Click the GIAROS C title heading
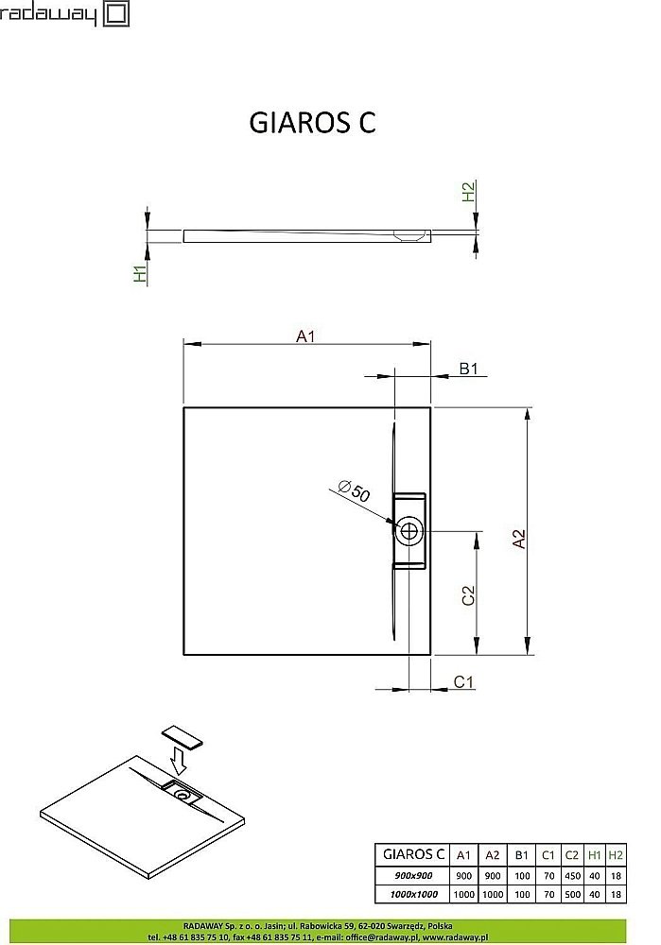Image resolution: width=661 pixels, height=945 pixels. click(x=311, y=123)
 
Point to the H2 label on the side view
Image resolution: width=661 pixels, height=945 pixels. click(x=468, y=192)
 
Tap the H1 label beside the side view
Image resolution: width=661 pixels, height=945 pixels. click(x=140, y=274)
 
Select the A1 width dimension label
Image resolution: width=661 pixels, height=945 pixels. click(x=305, y=335)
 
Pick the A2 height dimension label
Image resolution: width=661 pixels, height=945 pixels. click(x=518, y=539)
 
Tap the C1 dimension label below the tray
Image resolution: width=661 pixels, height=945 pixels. click(x=463, y=681)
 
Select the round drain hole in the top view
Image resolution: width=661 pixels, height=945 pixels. click(x=409, y=530)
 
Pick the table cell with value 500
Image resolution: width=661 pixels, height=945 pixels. click(x=571, y=893)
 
